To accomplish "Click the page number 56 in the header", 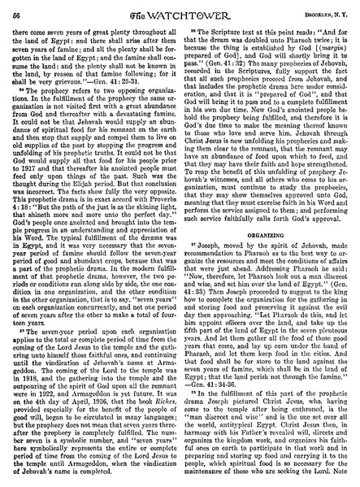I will coord(15,10).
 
